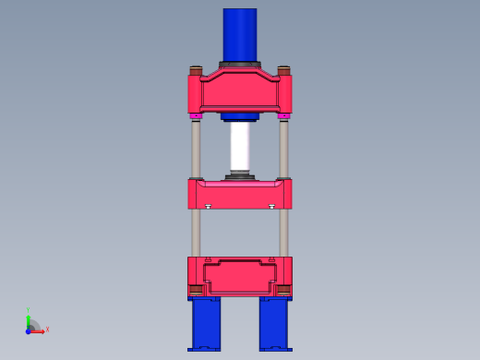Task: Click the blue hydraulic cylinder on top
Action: (x=240, y=33)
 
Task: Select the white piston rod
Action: (x=240, y=146)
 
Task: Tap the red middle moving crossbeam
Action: (x=240, y=195)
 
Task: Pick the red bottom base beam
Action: (x=240, y=275)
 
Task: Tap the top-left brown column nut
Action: (x=196, y=70)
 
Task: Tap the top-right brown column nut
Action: (x=283, y=70)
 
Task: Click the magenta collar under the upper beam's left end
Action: (x=196, y=115)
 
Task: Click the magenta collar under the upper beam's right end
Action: (x=283, y=115)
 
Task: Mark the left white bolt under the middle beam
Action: (x=209, y=207)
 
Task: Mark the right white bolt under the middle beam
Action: (x=271, y=207)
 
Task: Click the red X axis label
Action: (x=47, y=329)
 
